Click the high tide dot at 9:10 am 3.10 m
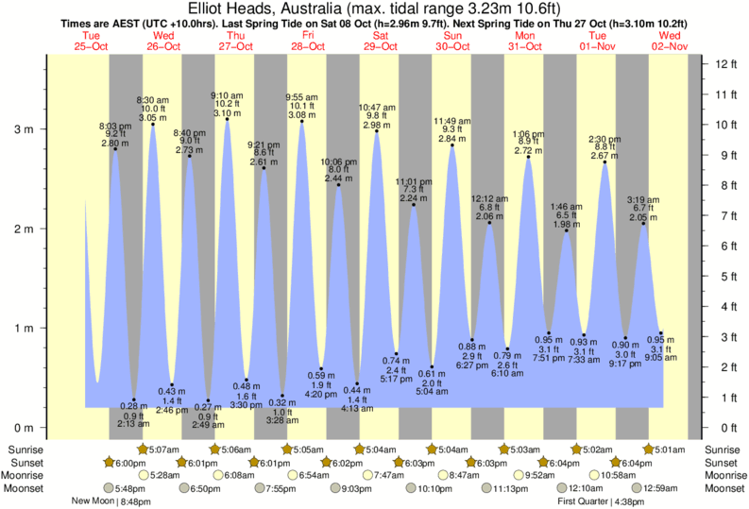(228, 119)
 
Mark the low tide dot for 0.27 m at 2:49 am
(208, 400)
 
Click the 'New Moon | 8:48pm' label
(111, 501)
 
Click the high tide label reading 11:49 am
(452, 121)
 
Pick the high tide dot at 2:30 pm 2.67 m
(604, 162)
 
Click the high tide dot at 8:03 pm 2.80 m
(115, 149)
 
